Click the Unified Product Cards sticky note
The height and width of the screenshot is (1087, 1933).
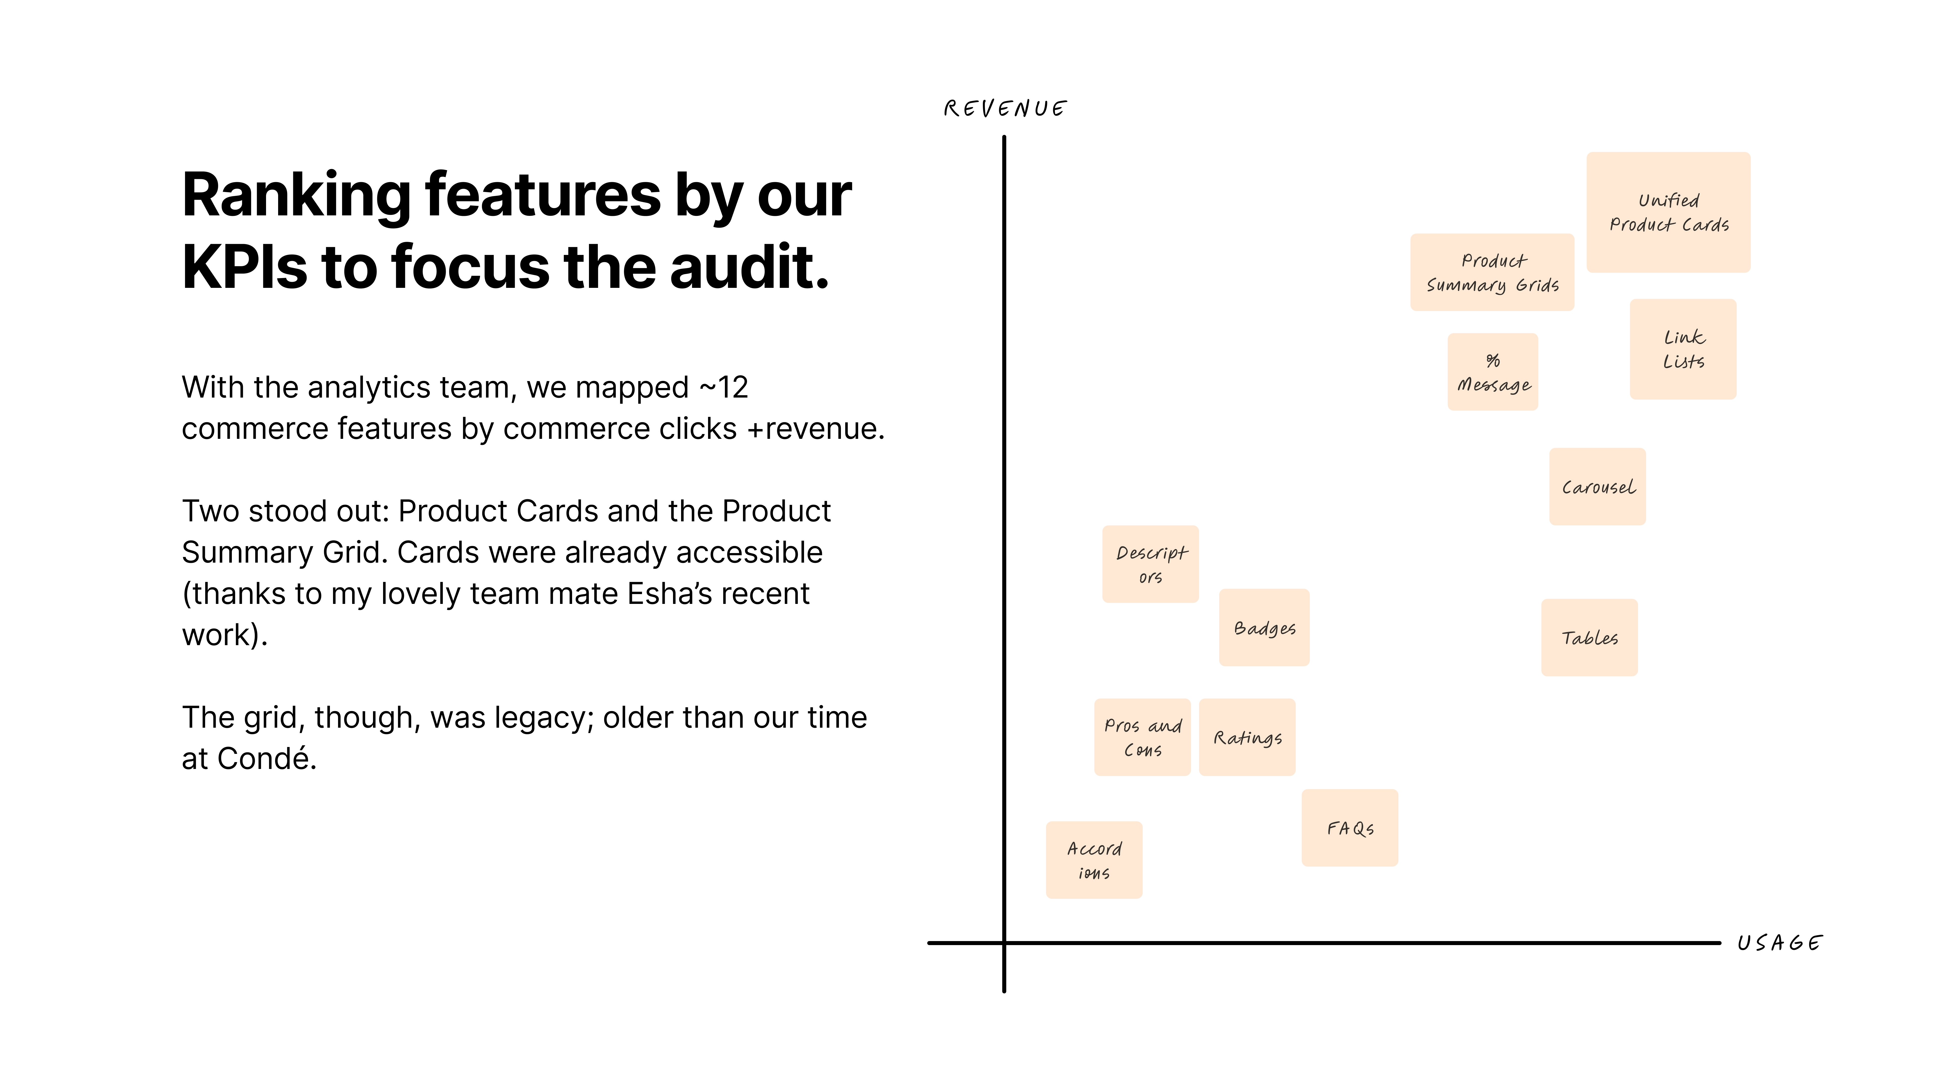pos(1668,212)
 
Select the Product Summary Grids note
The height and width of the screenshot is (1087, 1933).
pos(1492,272)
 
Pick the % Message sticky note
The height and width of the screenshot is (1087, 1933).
pos(1493,372)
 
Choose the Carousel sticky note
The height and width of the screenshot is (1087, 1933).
pos(1597,487)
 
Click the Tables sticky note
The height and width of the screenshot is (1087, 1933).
pos(1589,638)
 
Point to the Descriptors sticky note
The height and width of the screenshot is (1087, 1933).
pos(1150,564)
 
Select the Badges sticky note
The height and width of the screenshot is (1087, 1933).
pos(1265,628)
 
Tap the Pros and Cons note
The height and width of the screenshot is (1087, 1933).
pos(1142,737)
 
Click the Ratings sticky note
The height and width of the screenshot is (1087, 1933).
pos(1247,737)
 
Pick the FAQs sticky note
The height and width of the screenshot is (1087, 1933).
pos(1350,828)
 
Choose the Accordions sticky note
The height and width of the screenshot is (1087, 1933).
pos(1094,861)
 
